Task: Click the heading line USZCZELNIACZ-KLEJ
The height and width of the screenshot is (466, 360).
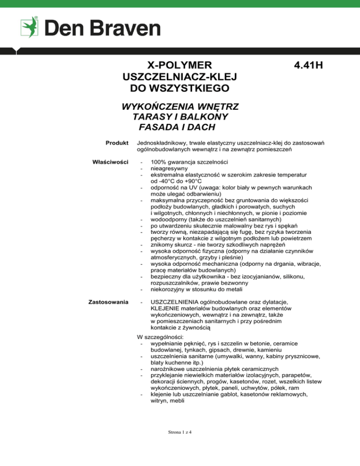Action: click(180, 76)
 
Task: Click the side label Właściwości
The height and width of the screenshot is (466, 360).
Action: click(111, 162)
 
